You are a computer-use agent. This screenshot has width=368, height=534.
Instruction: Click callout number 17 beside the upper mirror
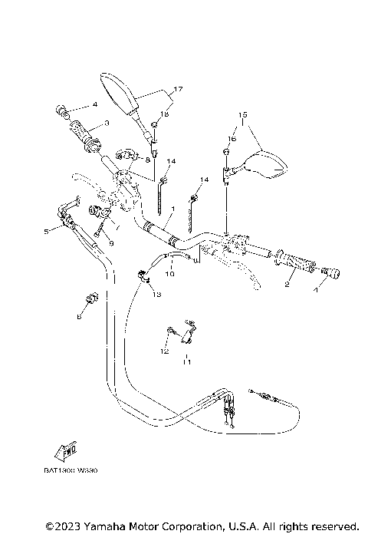coord(177,90)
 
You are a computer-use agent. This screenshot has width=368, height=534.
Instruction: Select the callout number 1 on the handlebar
coord(173,208)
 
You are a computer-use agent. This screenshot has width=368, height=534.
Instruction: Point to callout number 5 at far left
coord(46,231)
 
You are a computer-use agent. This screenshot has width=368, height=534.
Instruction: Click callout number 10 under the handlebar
coord(171,273)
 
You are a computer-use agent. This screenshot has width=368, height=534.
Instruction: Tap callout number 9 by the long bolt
coord(111,243)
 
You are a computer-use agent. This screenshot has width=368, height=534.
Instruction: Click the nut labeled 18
coord(154,125)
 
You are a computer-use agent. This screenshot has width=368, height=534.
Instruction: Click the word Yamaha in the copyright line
coord(100,526)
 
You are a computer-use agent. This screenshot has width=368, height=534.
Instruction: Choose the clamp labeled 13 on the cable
coord(143,277)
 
